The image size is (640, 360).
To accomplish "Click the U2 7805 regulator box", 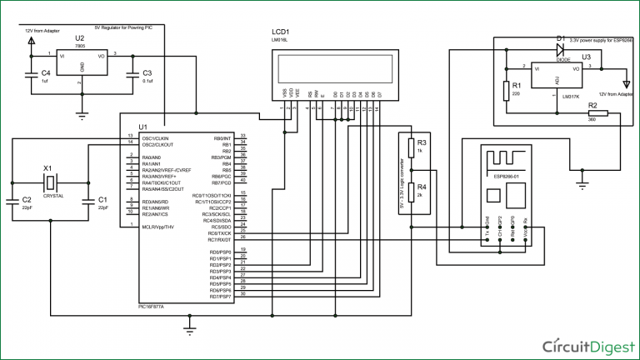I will pos(80,65).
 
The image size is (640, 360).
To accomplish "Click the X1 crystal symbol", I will pos(51,182).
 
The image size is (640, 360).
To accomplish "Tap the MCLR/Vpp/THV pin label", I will pos(158,226).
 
